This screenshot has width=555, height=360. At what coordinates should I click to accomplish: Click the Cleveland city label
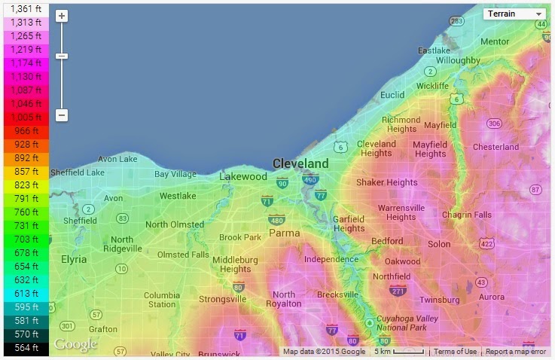point(300,163)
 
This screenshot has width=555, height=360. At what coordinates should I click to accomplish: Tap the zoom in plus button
point(62,16)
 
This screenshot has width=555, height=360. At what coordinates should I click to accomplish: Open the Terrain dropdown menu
point(515,14)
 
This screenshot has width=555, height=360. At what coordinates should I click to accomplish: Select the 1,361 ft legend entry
point(25,8)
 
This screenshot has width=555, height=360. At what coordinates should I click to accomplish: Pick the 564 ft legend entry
point(25,347)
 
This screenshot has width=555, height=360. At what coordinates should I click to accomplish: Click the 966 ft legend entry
point(25,130)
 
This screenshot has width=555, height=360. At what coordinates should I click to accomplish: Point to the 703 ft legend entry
point(25,239)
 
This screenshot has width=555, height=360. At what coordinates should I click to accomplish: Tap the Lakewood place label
point(242,176)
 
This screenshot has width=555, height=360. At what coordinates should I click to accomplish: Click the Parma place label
point(284,233)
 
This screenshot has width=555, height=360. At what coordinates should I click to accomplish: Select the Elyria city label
point(74,259)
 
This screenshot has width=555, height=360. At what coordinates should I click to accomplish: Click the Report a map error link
point(516,352)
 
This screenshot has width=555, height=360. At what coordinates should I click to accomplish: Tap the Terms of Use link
point(455,352)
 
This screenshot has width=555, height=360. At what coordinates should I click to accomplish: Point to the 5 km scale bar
point(398,352)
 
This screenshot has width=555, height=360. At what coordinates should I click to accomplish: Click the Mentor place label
point(495,41)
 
